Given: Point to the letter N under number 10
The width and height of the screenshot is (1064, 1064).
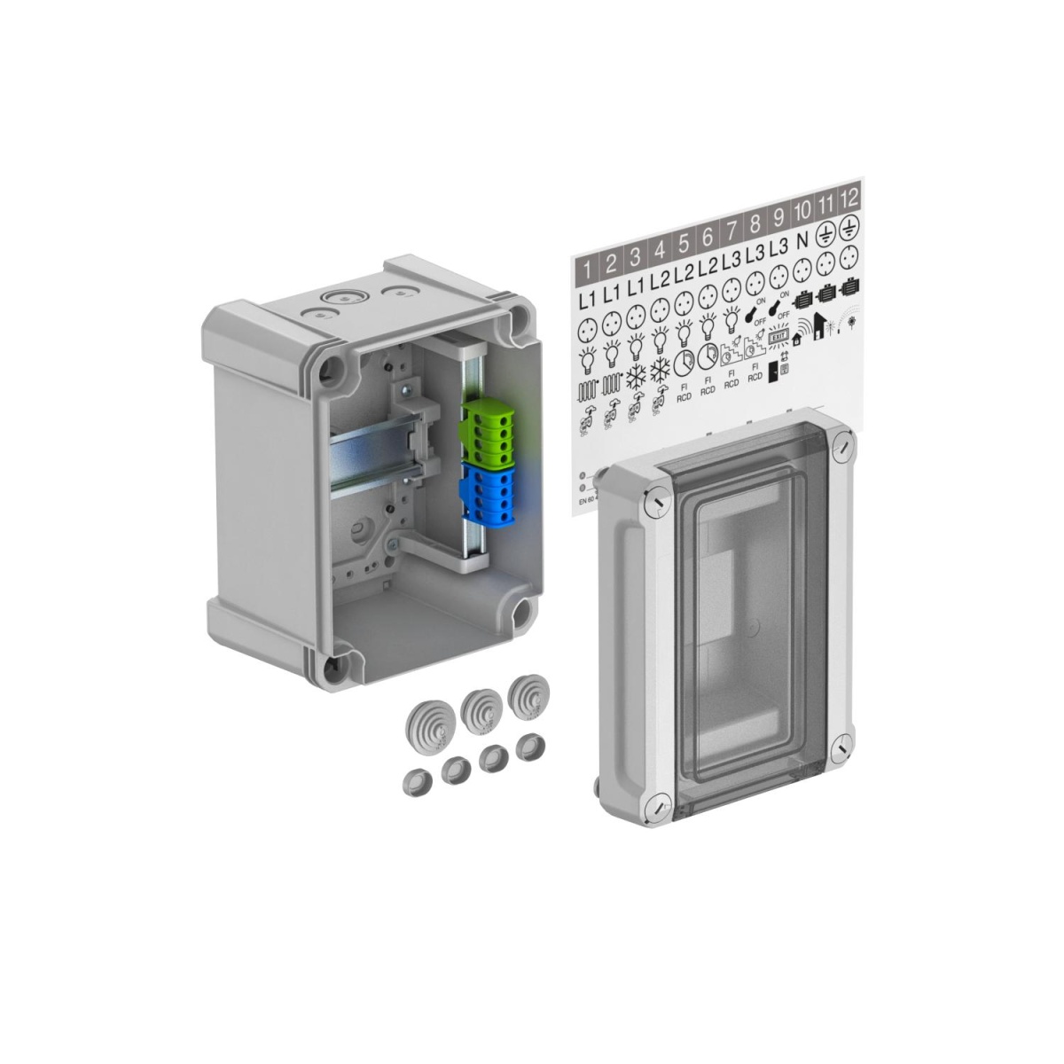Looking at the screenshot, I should (x=802, y=240).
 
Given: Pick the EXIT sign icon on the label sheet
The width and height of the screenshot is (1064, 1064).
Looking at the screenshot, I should (x=778, y=337).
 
